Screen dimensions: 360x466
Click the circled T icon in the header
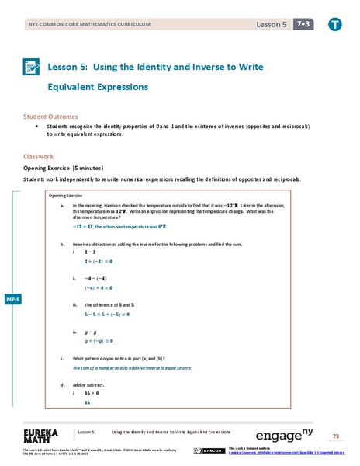pyautogui.click(x=334, y=24)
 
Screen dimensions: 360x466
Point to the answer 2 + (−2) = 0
pyautogui.click(x=99, y=262)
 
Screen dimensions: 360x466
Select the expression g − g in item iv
pyautogui.click(x=92, y=331)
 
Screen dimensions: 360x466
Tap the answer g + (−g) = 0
pyautogui.click(x=99, y=340)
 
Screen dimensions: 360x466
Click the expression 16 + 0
pyautogui.click(x=92, y=394)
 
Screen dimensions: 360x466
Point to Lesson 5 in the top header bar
pyautogui.click(x=271, y=25)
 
